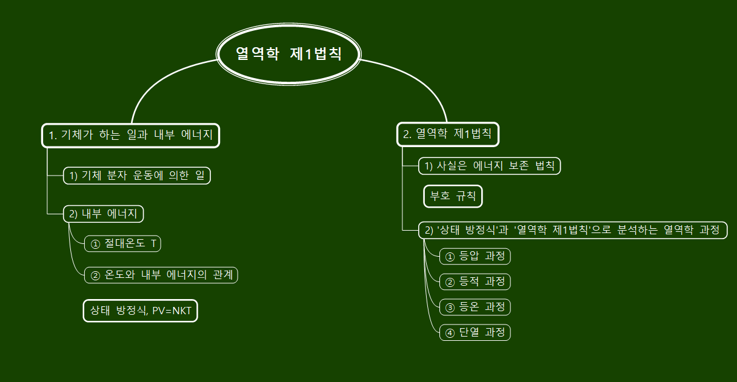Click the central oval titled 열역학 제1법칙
(x=289, y=54)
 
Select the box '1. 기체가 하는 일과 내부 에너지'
(x=130, y=135)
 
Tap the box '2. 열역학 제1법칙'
(x=448, y=134)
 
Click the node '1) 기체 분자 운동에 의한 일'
(x=137, y=176)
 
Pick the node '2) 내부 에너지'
(x=104, y=214)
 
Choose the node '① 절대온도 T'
(x=123, y=243)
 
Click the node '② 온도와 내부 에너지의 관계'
(x=161, y=275)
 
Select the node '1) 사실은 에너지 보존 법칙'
(x=490, y=165)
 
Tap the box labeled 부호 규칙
(x=453, y=196)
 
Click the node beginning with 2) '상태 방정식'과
(x=572, y=230)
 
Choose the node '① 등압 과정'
(x=475, y=256)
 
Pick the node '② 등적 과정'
(x=475, y=282)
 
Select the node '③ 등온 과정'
(x=475, y=307)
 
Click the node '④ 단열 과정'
(x=475, y=332)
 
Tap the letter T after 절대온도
(x=153, y=244)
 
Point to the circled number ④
(x=450, y=333)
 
